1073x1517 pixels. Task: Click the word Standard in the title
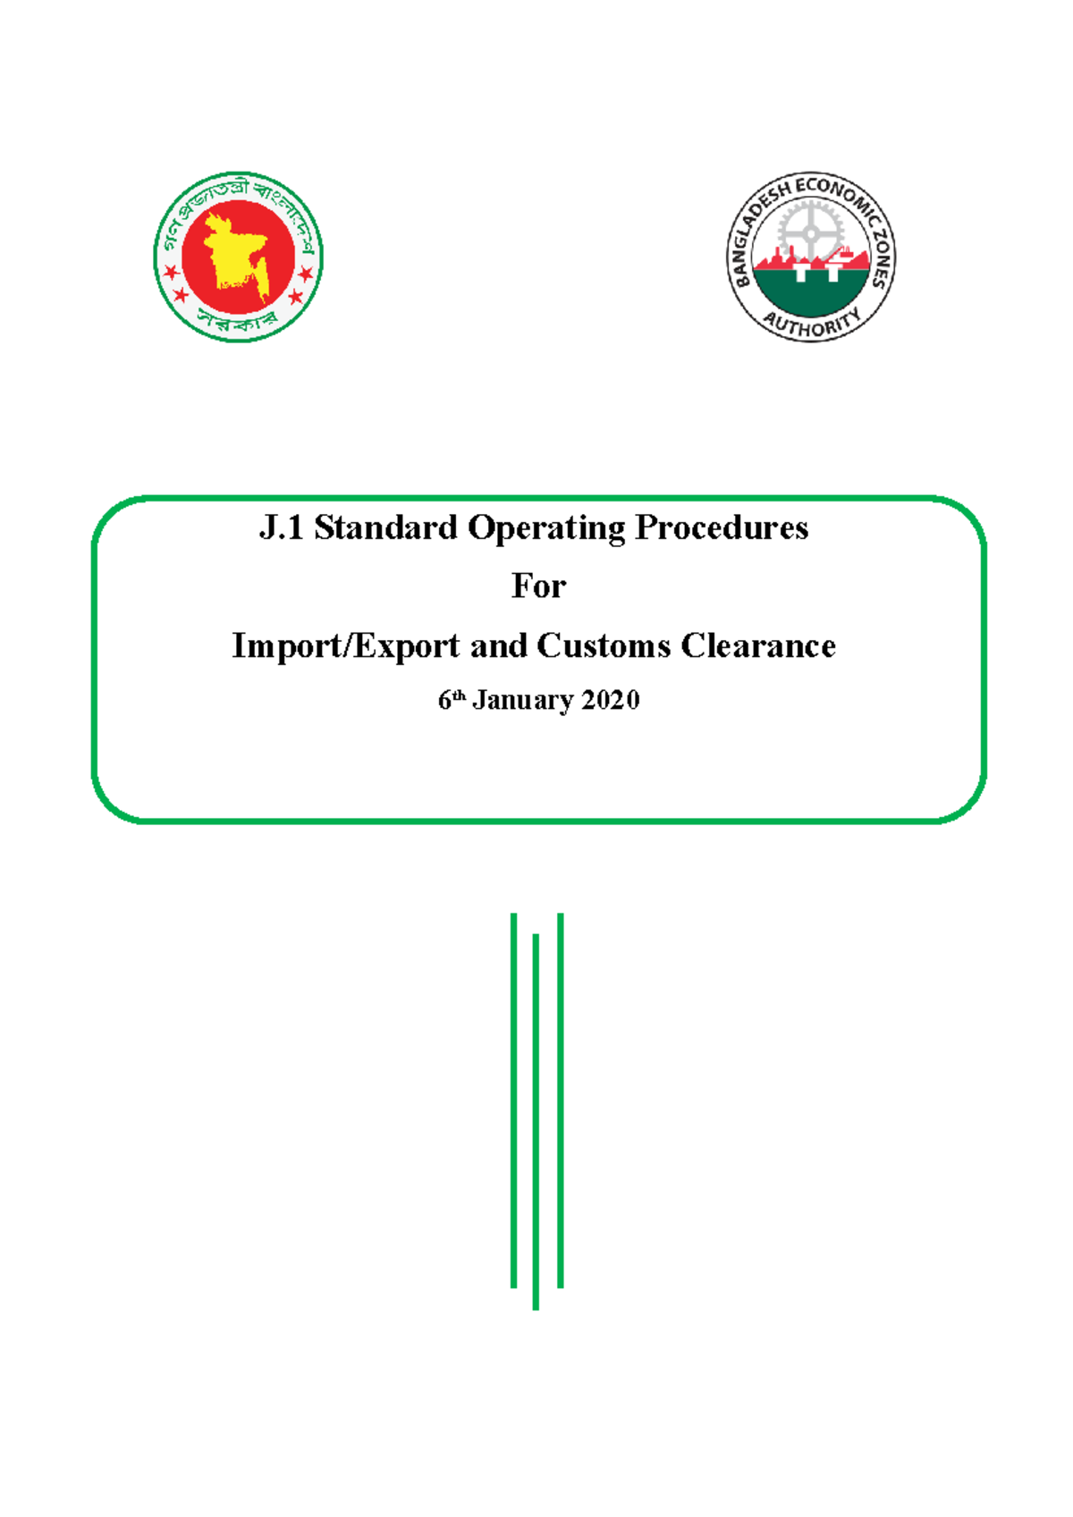[x=385, y=527]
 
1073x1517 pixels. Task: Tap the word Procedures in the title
[x=721, y=527]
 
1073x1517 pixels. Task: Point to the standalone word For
[x=538, y=586]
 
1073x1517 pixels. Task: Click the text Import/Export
[x=345, y=645]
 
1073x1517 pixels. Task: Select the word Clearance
[x=758, y=645]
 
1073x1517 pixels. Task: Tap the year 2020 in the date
[x=611, y=700]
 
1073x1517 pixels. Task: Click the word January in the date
[x=523, y=700]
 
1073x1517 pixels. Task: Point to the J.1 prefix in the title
[x=281, y=527]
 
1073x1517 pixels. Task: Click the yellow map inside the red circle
[x=235, y=253]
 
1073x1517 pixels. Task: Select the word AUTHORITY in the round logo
[x=812, y=323]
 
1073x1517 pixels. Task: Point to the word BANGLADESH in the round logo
[x=754, y=234]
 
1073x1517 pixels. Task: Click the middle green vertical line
[x=536, y=1121]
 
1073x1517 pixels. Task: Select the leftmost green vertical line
[x=513, y=1100]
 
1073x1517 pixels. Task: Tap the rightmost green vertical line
[x=560, y=1100]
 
